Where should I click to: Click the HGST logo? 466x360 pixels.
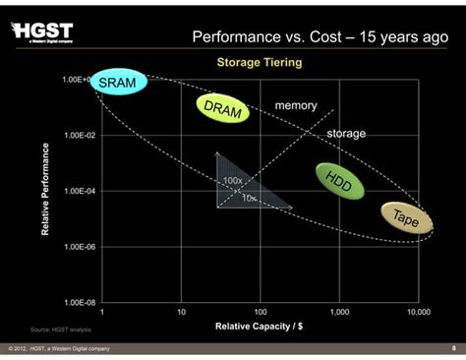point(43,31)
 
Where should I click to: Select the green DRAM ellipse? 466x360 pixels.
point(223,109)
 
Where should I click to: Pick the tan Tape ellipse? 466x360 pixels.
point(405,219)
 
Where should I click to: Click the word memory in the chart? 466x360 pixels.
point(295,104)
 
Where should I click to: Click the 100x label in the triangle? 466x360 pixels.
point(233,181)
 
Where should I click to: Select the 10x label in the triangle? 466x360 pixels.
point(250,198)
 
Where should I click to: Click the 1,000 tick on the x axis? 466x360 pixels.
point(340,312)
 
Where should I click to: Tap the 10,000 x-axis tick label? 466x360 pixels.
point(418,312)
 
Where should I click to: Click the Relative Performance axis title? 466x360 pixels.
point(45,189)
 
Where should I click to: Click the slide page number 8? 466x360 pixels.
point(453,347)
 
